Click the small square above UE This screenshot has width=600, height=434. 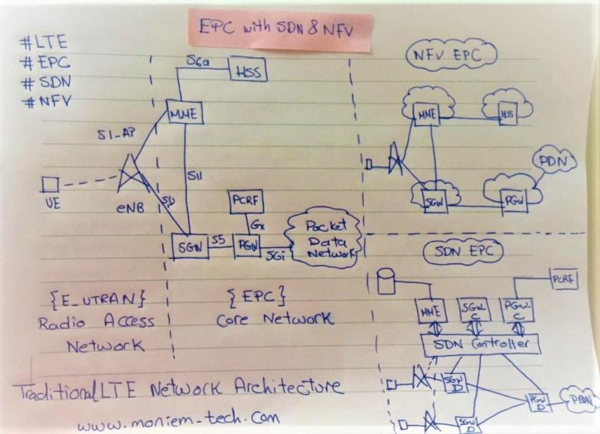click(x=50, y=184)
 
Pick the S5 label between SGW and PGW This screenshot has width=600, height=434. click(x=219, y=239)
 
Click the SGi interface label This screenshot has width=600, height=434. click(x=274, y=255)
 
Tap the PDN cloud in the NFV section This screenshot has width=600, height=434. click(x=554, y=161)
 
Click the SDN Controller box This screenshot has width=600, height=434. click(x=481, y=345)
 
